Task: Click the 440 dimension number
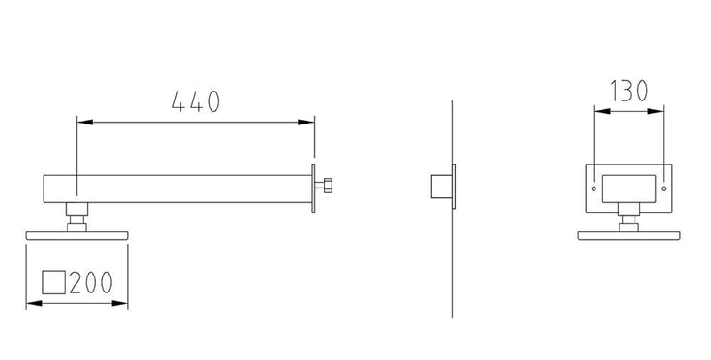click(196, 101)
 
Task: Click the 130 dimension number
click(628, 91)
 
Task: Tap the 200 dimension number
click(91, 283)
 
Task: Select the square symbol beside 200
click(54, 283)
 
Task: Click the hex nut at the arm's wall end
click(328, 185)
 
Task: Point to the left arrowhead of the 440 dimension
click(85, 123)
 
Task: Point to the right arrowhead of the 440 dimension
click(306, 123)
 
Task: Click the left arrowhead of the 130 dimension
click(603, 111)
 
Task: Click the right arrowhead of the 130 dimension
click(656, 111)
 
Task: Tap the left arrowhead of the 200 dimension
click(34, 303)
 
